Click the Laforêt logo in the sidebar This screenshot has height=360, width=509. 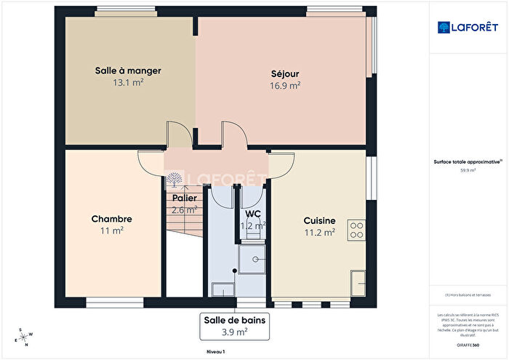pos(468,27)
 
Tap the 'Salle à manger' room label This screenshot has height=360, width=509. pos(128,71)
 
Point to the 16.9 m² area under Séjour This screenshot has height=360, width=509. pos(285,85)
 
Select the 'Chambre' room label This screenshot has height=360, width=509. pos(111,219)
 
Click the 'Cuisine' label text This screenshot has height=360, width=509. pos(319,221)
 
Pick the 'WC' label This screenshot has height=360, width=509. pos(253,214)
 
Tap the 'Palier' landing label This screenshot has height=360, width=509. pos(184,197)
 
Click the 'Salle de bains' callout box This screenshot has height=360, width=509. pos(236,326)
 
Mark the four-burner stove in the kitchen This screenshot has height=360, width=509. pos(356,230)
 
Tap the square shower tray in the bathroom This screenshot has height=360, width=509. pos(254,259)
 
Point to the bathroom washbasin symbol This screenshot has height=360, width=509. pos(221,290)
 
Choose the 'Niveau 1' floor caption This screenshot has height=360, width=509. pos(215,352)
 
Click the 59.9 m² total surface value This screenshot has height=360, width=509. pos(468,170)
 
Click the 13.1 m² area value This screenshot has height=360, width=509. pos(128,82)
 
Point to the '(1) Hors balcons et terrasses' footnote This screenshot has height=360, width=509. pos(468,294)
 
